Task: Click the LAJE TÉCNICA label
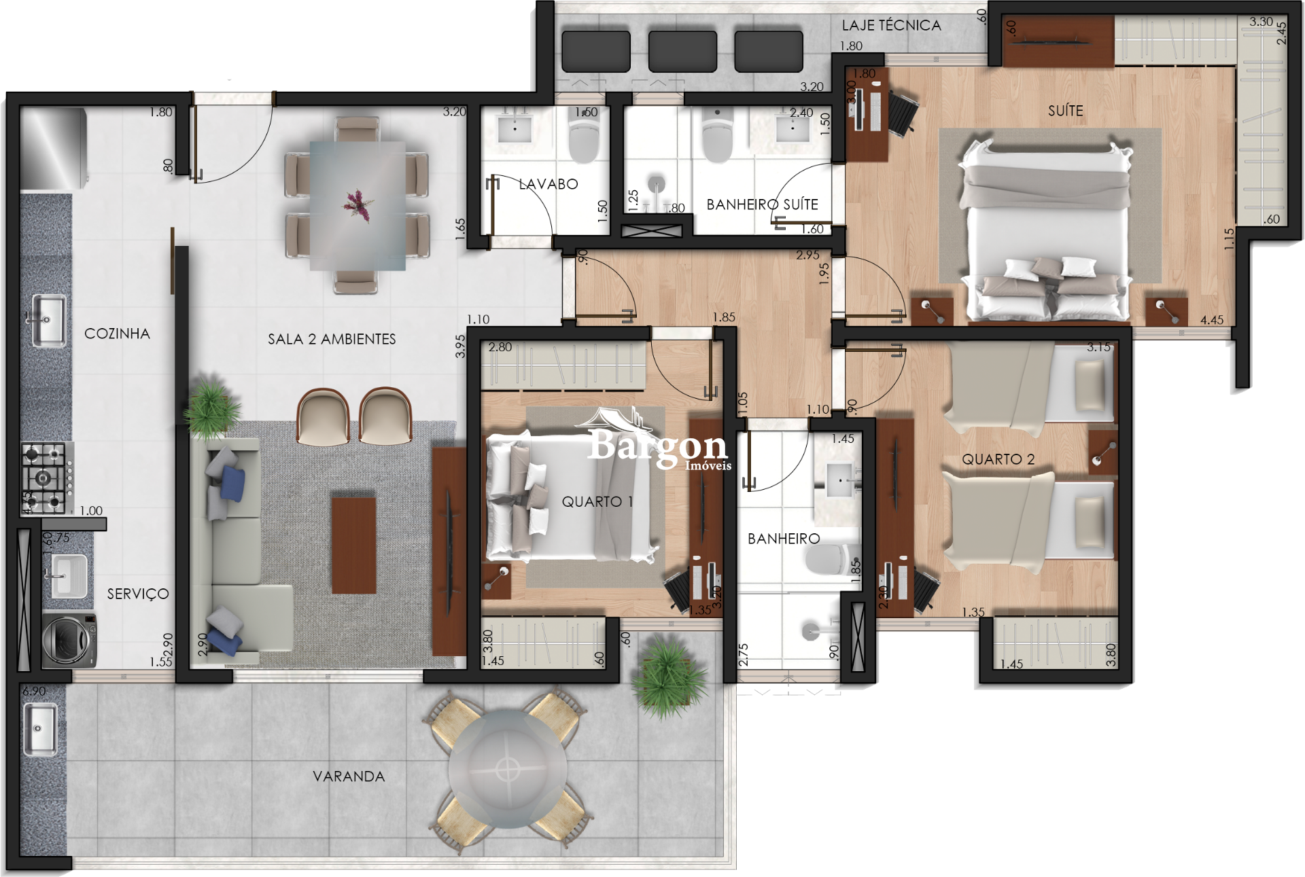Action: [x=891, y=26]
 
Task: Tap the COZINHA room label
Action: [x=117, y=334]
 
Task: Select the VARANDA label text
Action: [x=349, y=776]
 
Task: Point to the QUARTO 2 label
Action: [x=998, y=459]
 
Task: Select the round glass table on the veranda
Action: [x=507, y=770]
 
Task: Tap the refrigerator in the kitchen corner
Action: [x=54, y=148]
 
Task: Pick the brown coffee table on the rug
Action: [x=353, y=545]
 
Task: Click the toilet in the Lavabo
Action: [x=583, y=139]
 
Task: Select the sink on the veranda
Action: [x=40, y=729]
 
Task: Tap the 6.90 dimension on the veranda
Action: [x=34, y=691]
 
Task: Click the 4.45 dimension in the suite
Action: [x=1211, y=320]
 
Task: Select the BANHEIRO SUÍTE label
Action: [x=762, y=204]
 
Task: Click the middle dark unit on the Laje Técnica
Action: [x=682, y=51]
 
